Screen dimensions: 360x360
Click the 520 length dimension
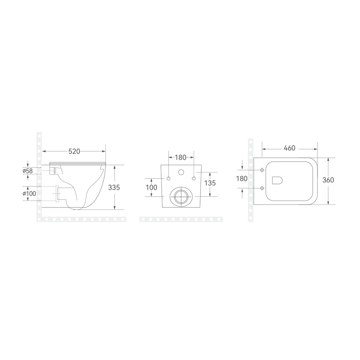click(75, 151)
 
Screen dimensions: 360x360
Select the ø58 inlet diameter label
click(28, 171)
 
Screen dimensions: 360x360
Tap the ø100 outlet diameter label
click(29, 194)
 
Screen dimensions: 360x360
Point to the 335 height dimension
click(114, 187)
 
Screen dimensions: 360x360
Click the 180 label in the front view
click(181, 158)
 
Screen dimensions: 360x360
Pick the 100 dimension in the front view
click(152, 187)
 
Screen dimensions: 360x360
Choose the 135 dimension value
click(210, 183)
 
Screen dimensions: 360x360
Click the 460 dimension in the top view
click(289, 148)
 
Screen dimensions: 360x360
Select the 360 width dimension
click(328, 180)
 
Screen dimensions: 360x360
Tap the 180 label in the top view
click(242, 179)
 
